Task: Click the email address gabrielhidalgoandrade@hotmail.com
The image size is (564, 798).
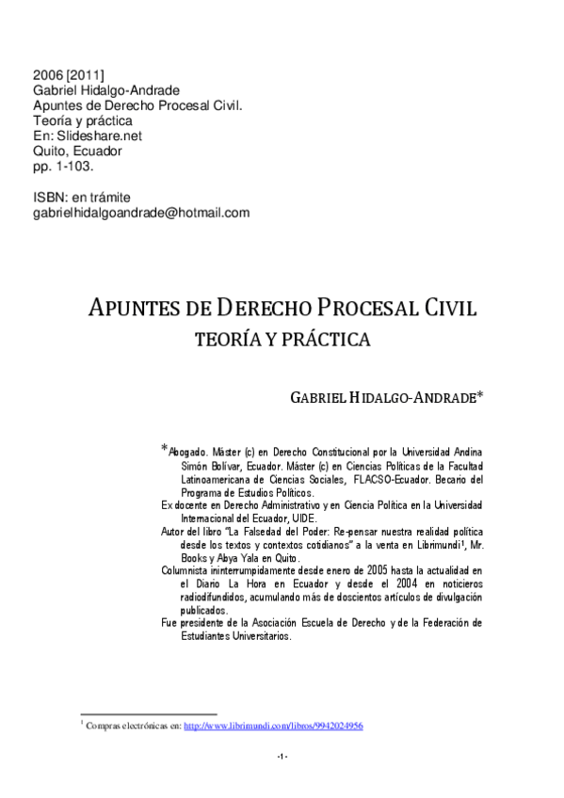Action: (141, 213)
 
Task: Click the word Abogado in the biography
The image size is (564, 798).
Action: (188, 451)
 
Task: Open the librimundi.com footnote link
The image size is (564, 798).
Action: (273, 726)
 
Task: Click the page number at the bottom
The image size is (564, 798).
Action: (282, 758)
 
